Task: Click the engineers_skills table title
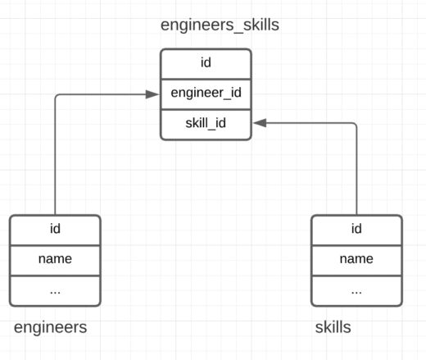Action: coord(220,25)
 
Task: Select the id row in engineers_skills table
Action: coord(206,63)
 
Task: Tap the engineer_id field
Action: coord(206,93)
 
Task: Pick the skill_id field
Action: coord(206,123)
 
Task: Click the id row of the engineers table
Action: coord(55,229)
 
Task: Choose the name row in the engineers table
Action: coord(55,259)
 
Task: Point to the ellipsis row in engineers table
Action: coord(55,290)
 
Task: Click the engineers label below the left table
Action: coord(50,328)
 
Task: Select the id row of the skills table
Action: coord(356,229)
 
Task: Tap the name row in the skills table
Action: coord(356,259)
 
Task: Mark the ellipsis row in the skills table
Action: coord(356,290)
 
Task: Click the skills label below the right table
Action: coord(333,328)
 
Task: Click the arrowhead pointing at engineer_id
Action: coord(152,94)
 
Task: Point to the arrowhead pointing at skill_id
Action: coord(260,123)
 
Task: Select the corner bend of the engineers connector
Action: coord(56,95)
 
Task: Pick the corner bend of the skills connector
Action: coord(356,124)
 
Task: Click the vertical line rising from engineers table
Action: coord(55,156)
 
